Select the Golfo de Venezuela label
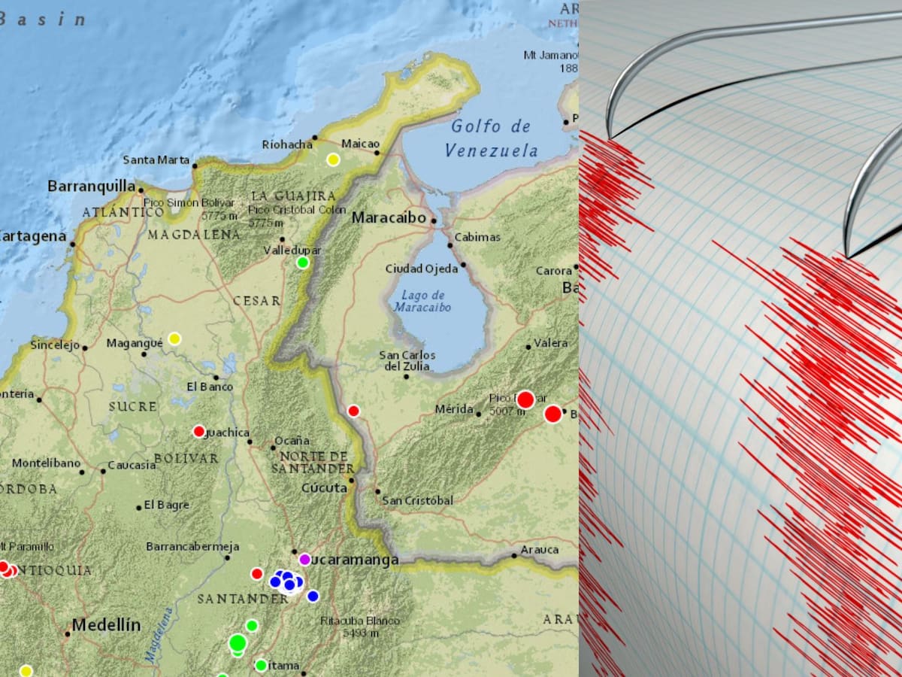491,138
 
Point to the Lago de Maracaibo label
422,301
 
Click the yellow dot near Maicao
333,159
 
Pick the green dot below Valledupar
303,263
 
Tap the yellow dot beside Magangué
174,338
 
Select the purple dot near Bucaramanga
304,559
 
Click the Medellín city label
106,625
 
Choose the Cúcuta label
324,487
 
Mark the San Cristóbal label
417,500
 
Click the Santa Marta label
156,159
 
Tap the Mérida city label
454,409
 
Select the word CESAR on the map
256,301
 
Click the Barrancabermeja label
192,546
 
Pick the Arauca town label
540,550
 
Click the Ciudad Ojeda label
421,269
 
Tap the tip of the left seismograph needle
610,138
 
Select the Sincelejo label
55,345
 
